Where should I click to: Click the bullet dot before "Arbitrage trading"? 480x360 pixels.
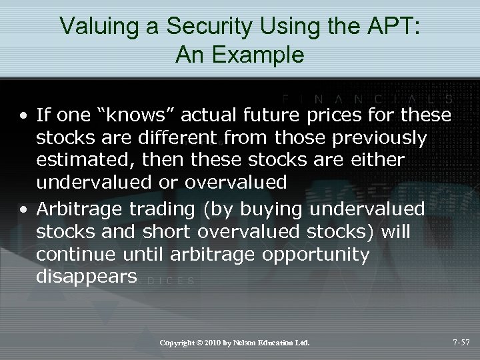pos(25,209)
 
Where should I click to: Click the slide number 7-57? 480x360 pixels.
pos(460,343)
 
